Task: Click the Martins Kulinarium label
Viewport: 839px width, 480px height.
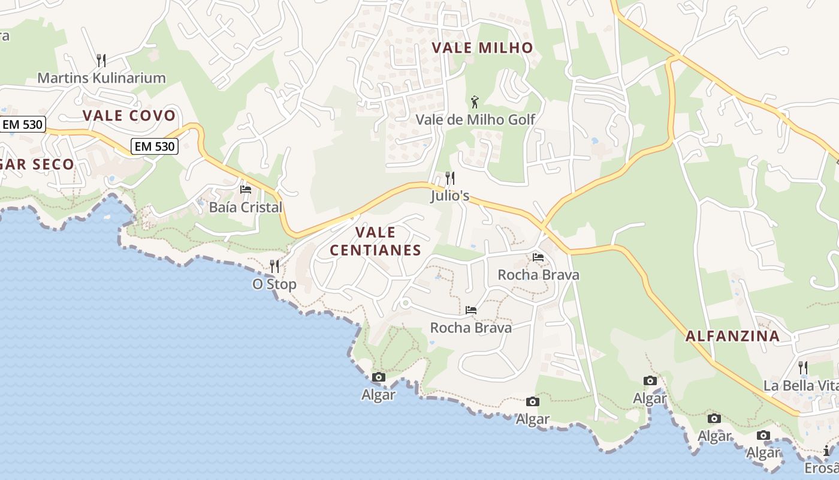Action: [101, 78]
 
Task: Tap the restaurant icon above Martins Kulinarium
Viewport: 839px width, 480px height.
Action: [101, 60]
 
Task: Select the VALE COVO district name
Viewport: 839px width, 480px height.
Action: [129, 116]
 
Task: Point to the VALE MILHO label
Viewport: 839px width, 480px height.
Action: [482, 48]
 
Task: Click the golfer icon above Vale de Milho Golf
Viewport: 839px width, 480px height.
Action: [475, 102]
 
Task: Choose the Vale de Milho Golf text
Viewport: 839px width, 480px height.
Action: [475, 119]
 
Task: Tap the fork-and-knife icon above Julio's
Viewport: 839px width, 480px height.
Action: [449, 178]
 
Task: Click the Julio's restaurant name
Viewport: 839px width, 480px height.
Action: [449, 196]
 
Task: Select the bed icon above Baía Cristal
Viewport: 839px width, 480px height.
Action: [245, 190]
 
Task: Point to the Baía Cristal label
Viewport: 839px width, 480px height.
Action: [245, 208]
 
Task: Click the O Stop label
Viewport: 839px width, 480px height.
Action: [274, 284]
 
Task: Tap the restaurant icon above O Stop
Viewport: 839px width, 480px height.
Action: [274, 266]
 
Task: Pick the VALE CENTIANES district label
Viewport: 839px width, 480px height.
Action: [376, 241]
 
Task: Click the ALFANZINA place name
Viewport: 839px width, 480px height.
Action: [732, 336]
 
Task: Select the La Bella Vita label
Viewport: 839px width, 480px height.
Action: [801, 385]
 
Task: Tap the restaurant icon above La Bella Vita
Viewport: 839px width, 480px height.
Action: [803, 367]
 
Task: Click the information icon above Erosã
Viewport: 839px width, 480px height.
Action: [827, 451]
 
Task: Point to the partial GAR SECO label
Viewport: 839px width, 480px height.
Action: [37, 164]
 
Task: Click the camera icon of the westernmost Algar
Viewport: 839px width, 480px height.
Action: [379, 377]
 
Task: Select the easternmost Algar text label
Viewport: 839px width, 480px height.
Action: [763, 453]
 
